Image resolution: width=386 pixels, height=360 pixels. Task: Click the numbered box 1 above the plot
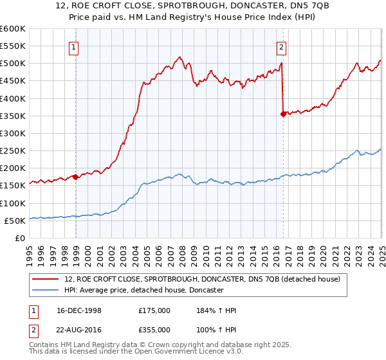point(75,46)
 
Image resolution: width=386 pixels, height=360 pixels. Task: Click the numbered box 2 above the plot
point(282,46)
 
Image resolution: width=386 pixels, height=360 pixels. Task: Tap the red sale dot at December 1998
point(75,177)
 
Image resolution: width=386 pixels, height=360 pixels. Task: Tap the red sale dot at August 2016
point(283,114)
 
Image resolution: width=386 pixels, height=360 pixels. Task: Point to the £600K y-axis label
point(12,29)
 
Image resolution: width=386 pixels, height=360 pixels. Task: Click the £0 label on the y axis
point(19,238)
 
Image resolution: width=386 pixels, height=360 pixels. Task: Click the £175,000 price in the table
point(154,310)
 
